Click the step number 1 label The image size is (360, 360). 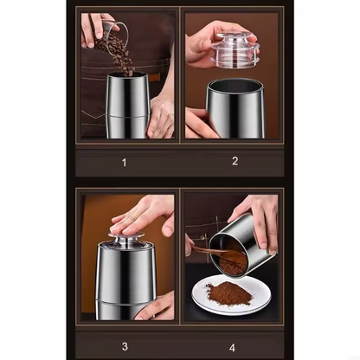124,162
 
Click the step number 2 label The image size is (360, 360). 235,160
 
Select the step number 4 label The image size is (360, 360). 231,348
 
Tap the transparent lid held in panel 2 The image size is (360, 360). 231,47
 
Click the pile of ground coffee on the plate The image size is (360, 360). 228,293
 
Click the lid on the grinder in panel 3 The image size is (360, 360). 125,241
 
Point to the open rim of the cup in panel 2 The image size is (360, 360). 235,85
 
